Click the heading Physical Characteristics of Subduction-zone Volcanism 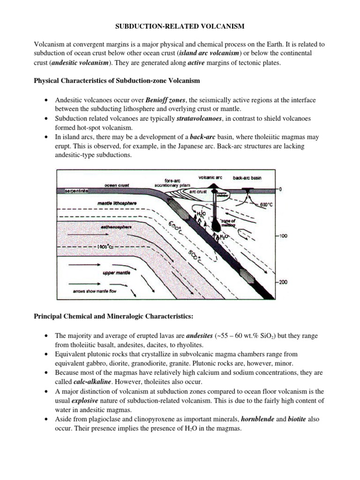pyautogui.click(x=117, y=81)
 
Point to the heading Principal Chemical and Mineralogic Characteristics pyautogui.click(x=113, y=316)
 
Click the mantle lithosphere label pyautogui.click(x=117, y=203)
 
